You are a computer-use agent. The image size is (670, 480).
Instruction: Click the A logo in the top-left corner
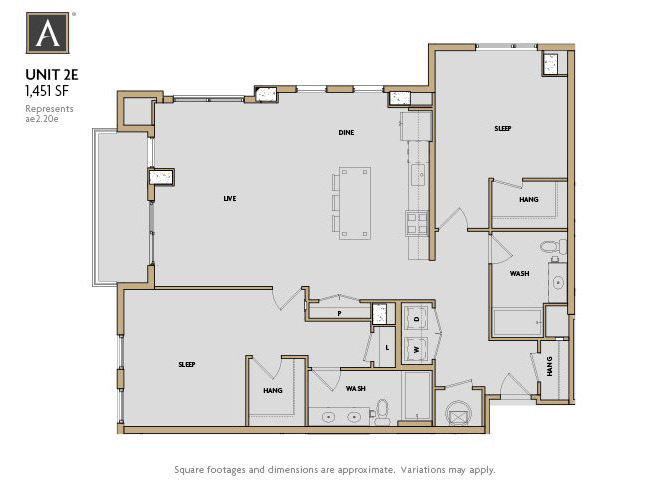tap(47, 33)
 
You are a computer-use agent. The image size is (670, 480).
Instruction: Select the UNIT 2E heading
tap(45, 73)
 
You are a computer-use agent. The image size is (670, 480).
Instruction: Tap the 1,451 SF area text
tap(45, 89)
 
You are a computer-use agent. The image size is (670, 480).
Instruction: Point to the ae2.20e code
tap(43, 118)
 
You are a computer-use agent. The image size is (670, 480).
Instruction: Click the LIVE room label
tap(229, 199)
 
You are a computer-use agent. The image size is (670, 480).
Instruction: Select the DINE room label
tap(346, 132)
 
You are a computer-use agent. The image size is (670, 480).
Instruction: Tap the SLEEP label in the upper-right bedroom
tap(504, 129)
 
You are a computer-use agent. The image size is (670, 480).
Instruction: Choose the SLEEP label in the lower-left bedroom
tap(186, 365)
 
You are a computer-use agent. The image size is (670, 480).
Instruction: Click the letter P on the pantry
tap(340, 313)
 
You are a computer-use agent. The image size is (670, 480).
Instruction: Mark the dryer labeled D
tap(417, 319)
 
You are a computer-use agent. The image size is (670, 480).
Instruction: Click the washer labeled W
tap(417, 349)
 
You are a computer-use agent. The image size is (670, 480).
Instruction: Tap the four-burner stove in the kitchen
tap(416, 223)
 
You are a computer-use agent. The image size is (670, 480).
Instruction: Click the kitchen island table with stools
tap(353, 203)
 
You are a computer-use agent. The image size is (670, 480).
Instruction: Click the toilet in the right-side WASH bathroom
tap(548, 246)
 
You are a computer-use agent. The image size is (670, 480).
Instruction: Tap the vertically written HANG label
tap(549, 368)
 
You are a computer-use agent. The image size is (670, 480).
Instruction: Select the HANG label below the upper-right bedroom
tap(529, 199)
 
